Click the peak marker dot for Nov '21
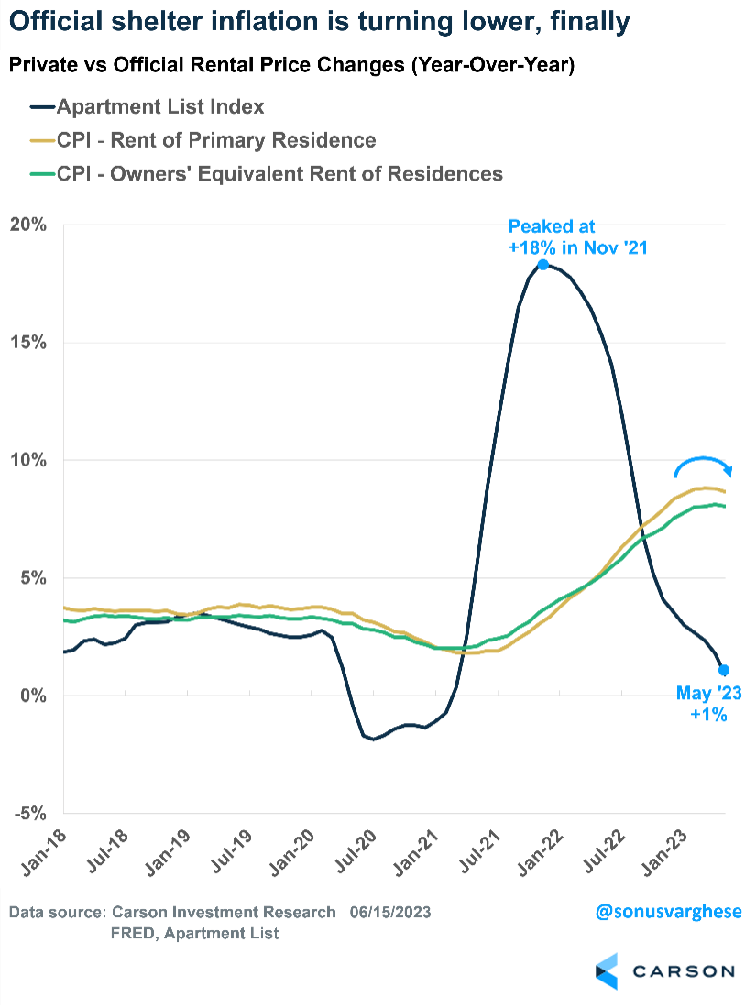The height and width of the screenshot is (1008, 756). pos(543,264)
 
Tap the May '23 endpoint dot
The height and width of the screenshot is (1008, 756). pos(724,670)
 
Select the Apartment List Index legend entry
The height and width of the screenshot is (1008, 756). pos(160,107)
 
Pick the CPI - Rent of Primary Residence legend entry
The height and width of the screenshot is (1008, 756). pos(216,140)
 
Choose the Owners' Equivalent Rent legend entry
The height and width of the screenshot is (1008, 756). pos(279,173)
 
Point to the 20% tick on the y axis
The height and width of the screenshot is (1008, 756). pos(28,225)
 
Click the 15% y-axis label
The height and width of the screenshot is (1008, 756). pos(28,343)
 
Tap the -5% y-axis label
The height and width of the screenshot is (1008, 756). pos(31,813)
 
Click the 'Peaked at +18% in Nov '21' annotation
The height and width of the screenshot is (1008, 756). pos(578,236)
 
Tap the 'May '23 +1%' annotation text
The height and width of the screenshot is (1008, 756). pos(708,704)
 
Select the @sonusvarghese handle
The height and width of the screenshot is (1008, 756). pos(668,913)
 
